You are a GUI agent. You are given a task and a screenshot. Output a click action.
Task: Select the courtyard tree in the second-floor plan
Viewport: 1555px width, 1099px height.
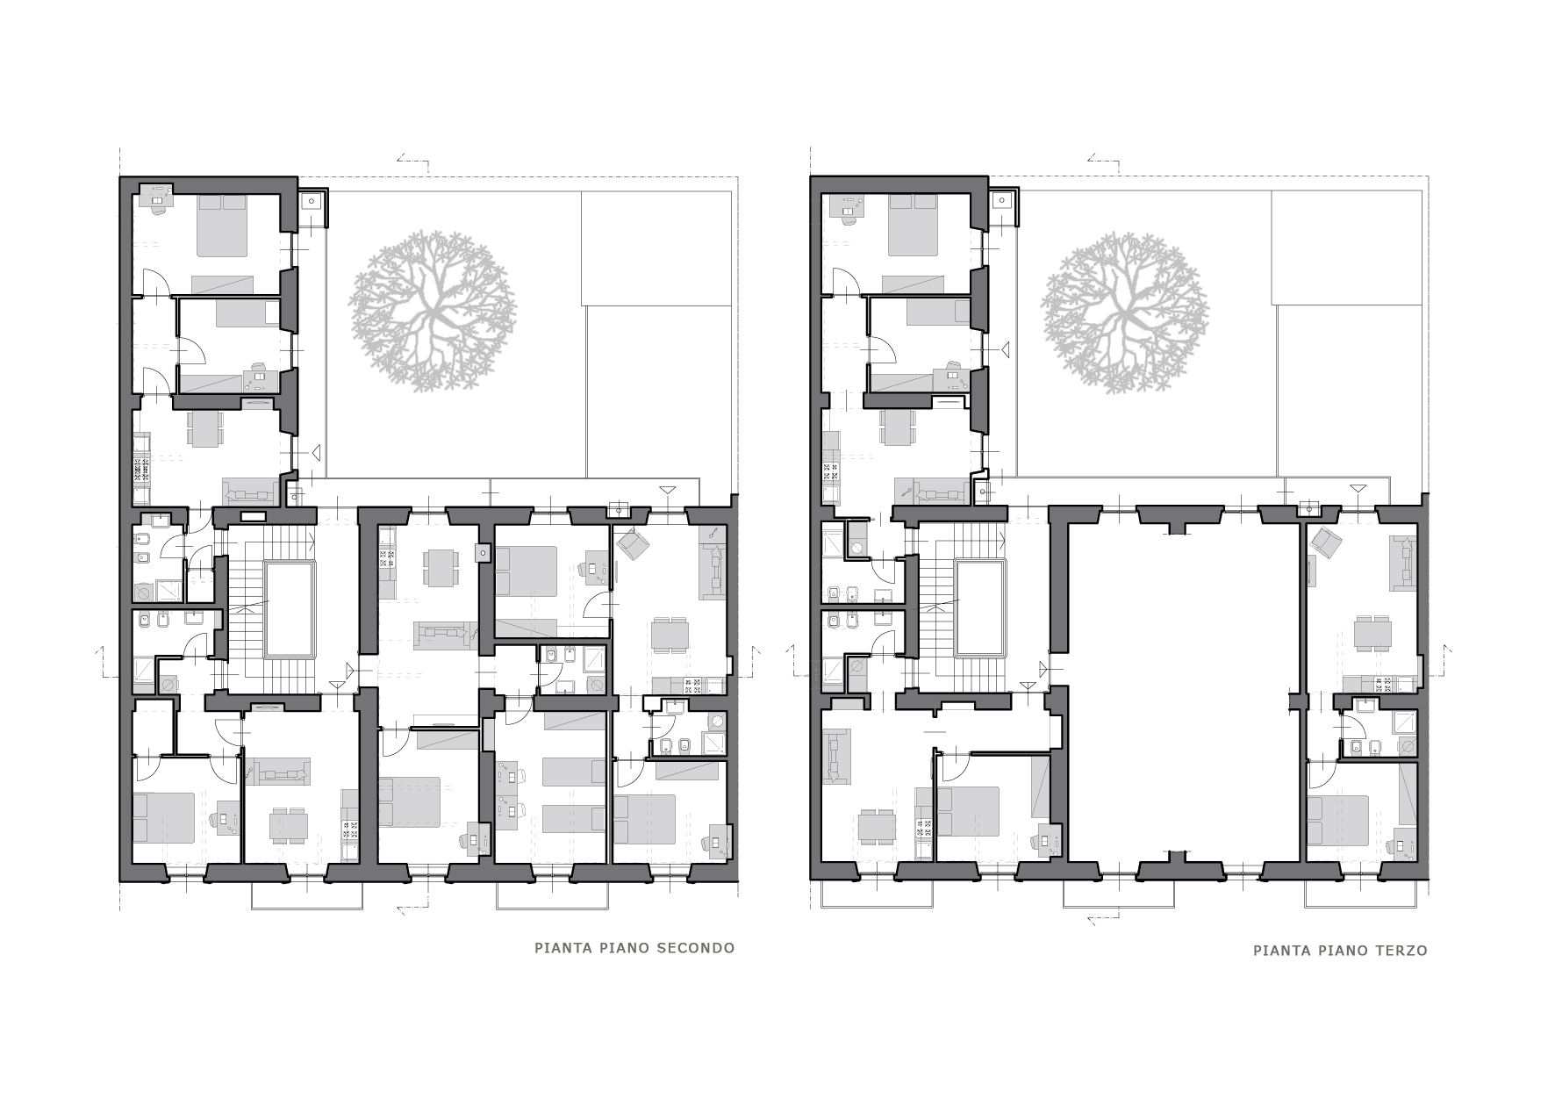tap(434, 310)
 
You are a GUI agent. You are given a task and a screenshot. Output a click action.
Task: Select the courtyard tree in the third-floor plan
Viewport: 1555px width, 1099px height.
tap(1124, 312)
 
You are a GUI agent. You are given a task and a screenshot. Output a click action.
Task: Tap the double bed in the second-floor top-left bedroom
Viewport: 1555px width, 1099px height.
tap(223, 225)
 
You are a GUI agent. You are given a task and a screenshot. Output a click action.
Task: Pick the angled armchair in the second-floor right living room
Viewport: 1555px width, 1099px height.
tap(632, 546)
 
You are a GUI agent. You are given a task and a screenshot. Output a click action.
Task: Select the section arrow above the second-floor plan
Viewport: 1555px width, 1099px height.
tap(412, 161)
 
